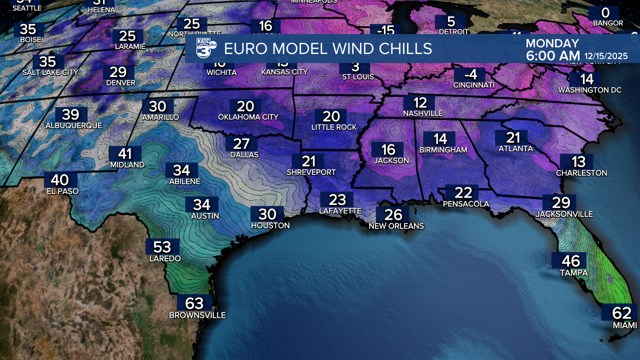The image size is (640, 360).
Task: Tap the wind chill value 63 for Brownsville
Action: pyautogui.click(x=194, y=303)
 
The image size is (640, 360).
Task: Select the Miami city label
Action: pyautogui.click(x=625, y=325)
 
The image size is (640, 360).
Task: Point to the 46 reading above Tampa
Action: pyautogui.click(x=571, y=261)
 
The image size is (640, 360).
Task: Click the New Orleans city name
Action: pyautogui.click(x=396, y=226)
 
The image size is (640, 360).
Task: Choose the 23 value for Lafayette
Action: pyautogui.click(x=337, y=200)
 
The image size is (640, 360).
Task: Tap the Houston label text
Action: pyautogui.click(x=270, y=225)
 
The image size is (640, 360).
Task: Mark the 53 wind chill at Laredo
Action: pyautogui.click(x=162, y=247)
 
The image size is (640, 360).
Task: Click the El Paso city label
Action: pyautogui.click(x=61, y=191)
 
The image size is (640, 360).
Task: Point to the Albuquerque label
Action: pyautogui.click(x=73, y=125)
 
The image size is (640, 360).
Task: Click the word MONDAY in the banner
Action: pyautogui.click(x=552, y=43)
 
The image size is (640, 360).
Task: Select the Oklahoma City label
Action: pyautogui.click(x=248, y=117)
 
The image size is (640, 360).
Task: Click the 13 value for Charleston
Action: pyautogui.click(x=579, y=161)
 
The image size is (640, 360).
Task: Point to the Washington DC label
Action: pyautogui.click(x=590, y=90)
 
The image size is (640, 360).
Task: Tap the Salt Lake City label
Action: pyautogui.click(x=50, y=72)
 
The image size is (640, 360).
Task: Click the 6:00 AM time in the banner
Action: pyautogui.click(x=552, y=56)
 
